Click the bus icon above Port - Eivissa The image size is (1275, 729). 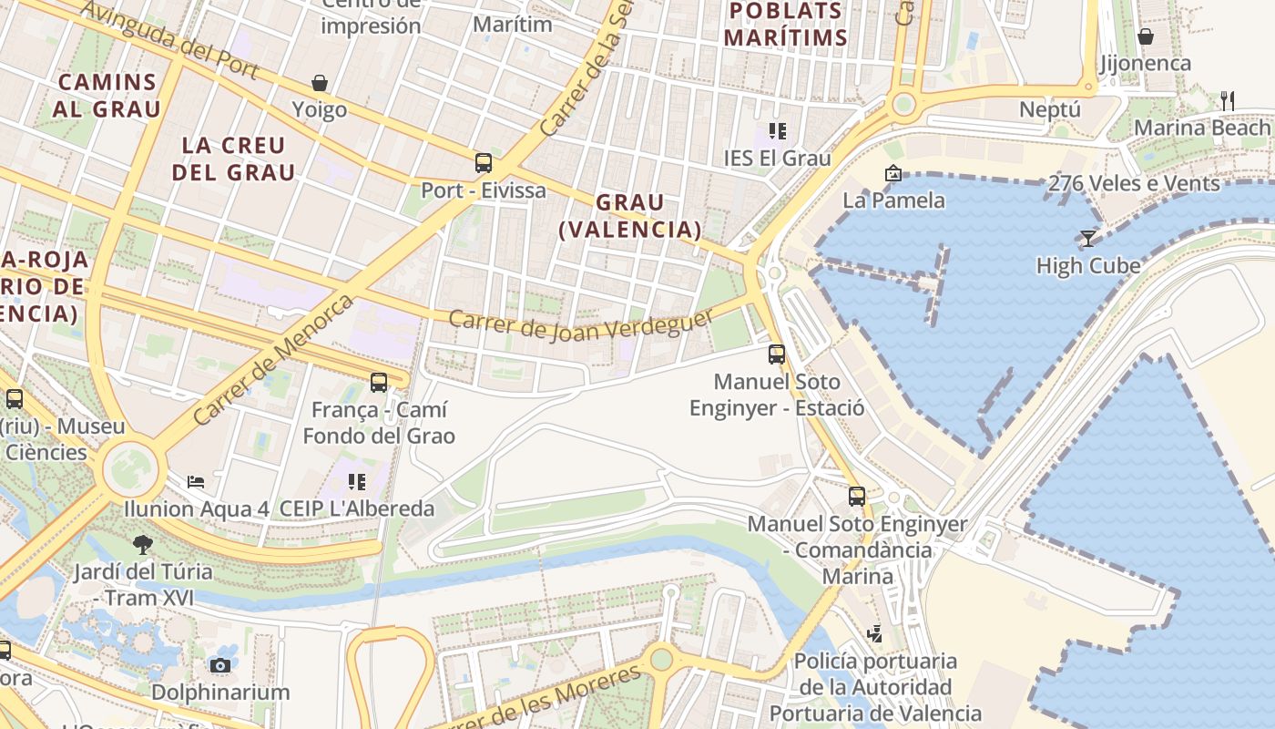coord(484,163)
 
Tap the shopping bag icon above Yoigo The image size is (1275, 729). coord(320,83)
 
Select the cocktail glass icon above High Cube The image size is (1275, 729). coord(1088,239)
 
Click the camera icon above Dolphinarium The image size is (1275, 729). coord(220,665)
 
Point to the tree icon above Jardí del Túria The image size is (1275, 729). coord(142,545)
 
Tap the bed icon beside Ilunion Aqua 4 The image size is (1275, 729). coord(196,481)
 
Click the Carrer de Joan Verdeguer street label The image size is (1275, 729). coord(581,324)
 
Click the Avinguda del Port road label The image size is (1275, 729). coord(170,38)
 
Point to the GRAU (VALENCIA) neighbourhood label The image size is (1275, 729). coord(630,216)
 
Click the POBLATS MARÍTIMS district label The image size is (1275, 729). coord(789,24)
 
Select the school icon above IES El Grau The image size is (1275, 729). coord(777,131)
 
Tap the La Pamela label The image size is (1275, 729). coord(893,200)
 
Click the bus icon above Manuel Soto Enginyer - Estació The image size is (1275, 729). coord(777,354)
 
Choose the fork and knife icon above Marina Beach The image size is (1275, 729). coord(1228,100)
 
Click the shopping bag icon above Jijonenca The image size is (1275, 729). coord(1146,36)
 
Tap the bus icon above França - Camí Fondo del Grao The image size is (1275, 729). coord(379,383)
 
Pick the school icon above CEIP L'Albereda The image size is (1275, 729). coord(357,481)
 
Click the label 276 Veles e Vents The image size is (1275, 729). coord(1134,183)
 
